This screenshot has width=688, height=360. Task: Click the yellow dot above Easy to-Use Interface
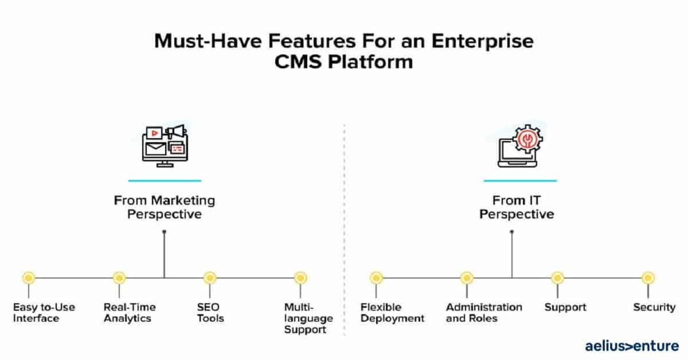29,278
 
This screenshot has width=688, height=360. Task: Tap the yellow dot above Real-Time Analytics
119,278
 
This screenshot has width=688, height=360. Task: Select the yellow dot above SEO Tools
210,278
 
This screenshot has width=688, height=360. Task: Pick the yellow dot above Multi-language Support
300,278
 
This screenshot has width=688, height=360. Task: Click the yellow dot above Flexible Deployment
376,278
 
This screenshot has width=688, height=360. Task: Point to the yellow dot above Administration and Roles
467,278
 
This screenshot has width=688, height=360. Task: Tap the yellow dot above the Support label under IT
557,278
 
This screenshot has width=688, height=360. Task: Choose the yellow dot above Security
648,278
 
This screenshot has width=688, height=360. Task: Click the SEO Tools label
210,312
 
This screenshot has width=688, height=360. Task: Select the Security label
655,307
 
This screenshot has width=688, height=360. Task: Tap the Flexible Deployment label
392,312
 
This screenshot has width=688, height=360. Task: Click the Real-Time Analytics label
130,312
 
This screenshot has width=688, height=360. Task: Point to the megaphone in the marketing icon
176,132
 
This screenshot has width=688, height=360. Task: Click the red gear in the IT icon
527,139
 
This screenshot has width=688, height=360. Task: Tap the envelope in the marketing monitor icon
156,149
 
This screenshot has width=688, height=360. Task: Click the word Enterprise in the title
483,41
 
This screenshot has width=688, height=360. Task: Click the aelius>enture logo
632,346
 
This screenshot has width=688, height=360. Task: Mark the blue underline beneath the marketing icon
165,181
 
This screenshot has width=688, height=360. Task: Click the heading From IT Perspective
517,208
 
